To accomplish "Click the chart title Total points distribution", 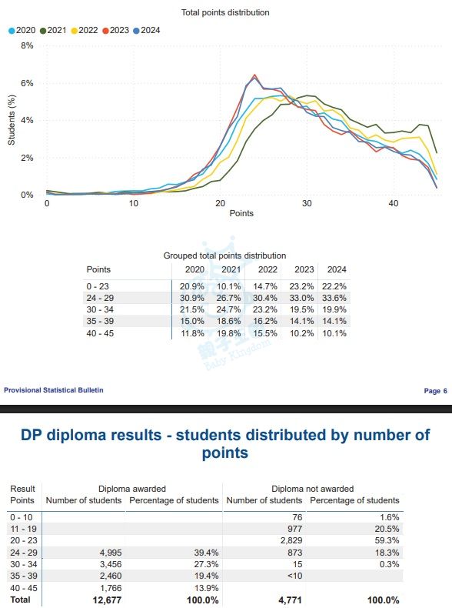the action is point(225,12).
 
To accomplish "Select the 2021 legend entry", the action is point(53,30).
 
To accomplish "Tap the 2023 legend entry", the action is point(115,30).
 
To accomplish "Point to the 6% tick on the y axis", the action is point(27,83).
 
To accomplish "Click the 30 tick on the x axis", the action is point(307,203).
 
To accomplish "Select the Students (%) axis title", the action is point(12,120).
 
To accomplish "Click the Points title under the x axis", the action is point(241,213).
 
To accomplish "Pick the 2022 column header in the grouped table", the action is point(268,269).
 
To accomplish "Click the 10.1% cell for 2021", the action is point(228,286).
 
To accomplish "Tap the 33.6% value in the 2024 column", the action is point(334,298).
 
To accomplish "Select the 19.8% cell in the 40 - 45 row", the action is point(228,333).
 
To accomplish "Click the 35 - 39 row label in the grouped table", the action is point(100,322).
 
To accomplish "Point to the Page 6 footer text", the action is point(435,391).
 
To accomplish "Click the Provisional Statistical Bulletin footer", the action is point(54,390).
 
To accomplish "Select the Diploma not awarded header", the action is point(313,489).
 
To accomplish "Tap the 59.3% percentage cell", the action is point(387,540).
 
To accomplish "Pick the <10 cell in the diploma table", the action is point(294,576).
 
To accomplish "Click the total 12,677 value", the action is point(107,600).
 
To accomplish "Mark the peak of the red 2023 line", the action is point(254,75).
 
